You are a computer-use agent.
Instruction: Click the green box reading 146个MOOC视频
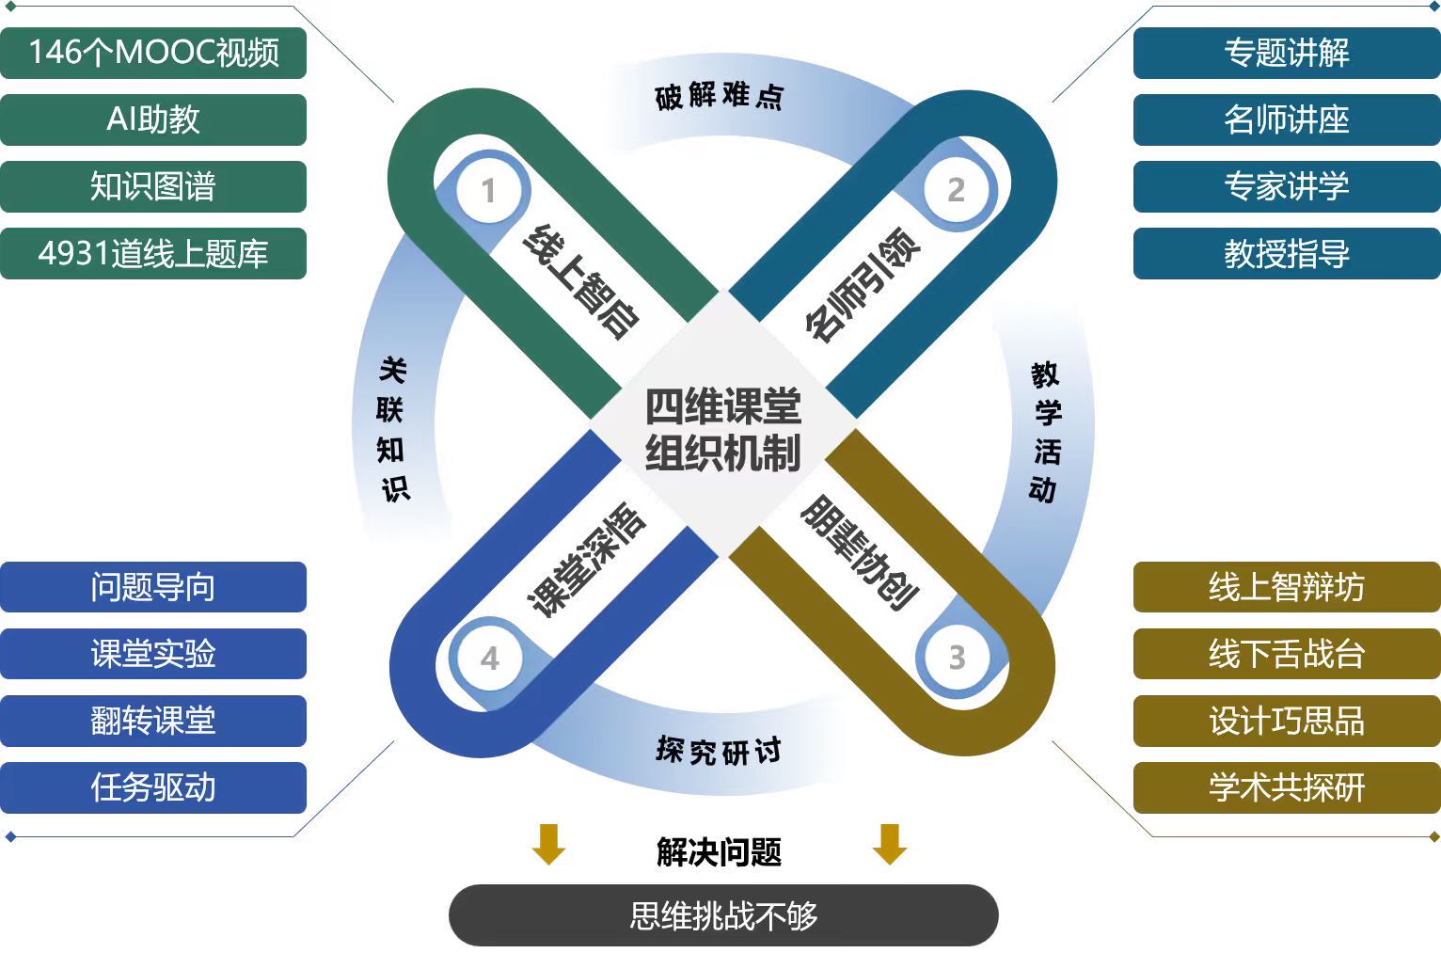[153, 53]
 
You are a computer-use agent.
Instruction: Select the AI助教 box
[153, 119]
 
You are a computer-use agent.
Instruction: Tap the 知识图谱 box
[153, 186]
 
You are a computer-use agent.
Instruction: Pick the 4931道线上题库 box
[153, 253]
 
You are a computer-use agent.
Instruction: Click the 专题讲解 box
[1286, 53]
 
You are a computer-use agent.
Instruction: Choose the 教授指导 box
[1286, 253]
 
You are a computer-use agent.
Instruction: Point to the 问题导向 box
[153, 587]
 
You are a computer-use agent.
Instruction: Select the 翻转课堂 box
[153, 721]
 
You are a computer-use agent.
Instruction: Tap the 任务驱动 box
[153, 787]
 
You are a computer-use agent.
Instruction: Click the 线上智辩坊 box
[1286, 587]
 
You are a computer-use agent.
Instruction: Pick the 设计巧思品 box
[1286, 721]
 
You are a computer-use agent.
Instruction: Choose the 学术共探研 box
[1286, 787]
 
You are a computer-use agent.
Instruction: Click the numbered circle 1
[487, 191]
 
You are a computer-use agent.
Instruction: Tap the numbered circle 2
[956, 190]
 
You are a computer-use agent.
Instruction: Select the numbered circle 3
[957, 657]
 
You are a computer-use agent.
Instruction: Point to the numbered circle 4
[489, 659]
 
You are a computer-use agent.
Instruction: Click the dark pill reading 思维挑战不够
[722, 915]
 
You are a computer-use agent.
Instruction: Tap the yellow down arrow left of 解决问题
[548, 844]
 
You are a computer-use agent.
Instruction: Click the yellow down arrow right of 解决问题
[889, 844]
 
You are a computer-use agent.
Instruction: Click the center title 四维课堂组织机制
[722, 430]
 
